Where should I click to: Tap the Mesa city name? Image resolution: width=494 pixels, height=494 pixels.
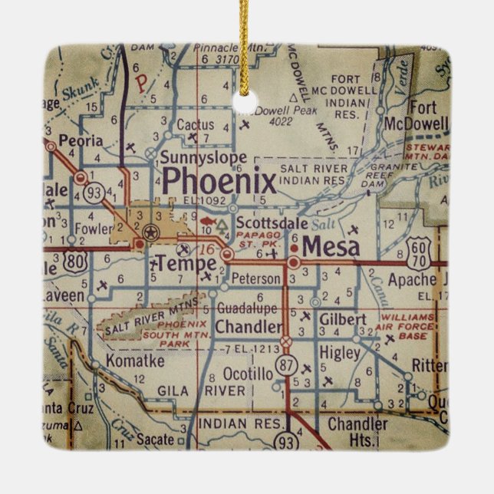point(331,246)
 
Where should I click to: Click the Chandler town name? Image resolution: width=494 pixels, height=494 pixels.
point(248,327)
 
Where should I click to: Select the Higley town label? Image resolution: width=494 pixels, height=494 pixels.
point(339,353)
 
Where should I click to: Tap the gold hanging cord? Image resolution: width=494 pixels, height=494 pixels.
point(245,38)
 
